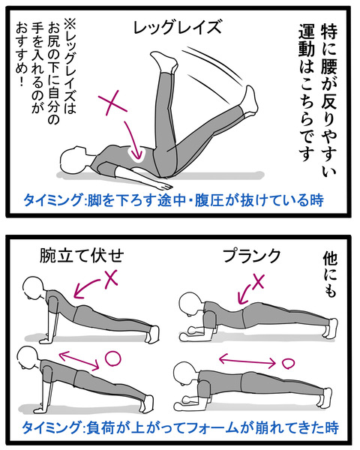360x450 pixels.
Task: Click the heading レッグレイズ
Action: coord(178,27)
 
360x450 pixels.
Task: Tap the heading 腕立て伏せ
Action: coord(82,256)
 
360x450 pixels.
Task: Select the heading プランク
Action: coord(251,256)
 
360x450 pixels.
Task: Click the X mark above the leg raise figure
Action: coord(112,103)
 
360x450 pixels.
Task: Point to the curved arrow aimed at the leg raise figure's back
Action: coord(135,141)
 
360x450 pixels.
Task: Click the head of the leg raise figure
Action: coord(73,159)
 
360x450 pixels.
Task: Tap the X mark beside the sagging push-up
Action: coord(111,278)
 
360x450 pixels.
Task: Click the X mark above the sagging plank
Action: coord(258,281)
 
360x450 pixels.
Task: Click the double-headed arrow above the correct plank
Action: coord(247,361)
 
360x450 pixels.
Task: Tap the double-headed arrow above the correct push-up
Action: coord(79,360)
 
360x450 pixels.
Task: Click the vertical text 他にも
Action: coord(331,274)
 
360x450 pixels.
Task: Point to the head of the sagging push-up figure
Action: coord(34,288)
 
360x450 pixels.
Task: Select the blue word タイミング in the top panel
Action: coord(52,200)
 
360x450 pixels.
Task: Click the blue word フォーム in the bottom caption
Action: coord(220,427)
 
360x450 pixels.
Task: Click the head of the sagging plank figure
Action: coord(190,304)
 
